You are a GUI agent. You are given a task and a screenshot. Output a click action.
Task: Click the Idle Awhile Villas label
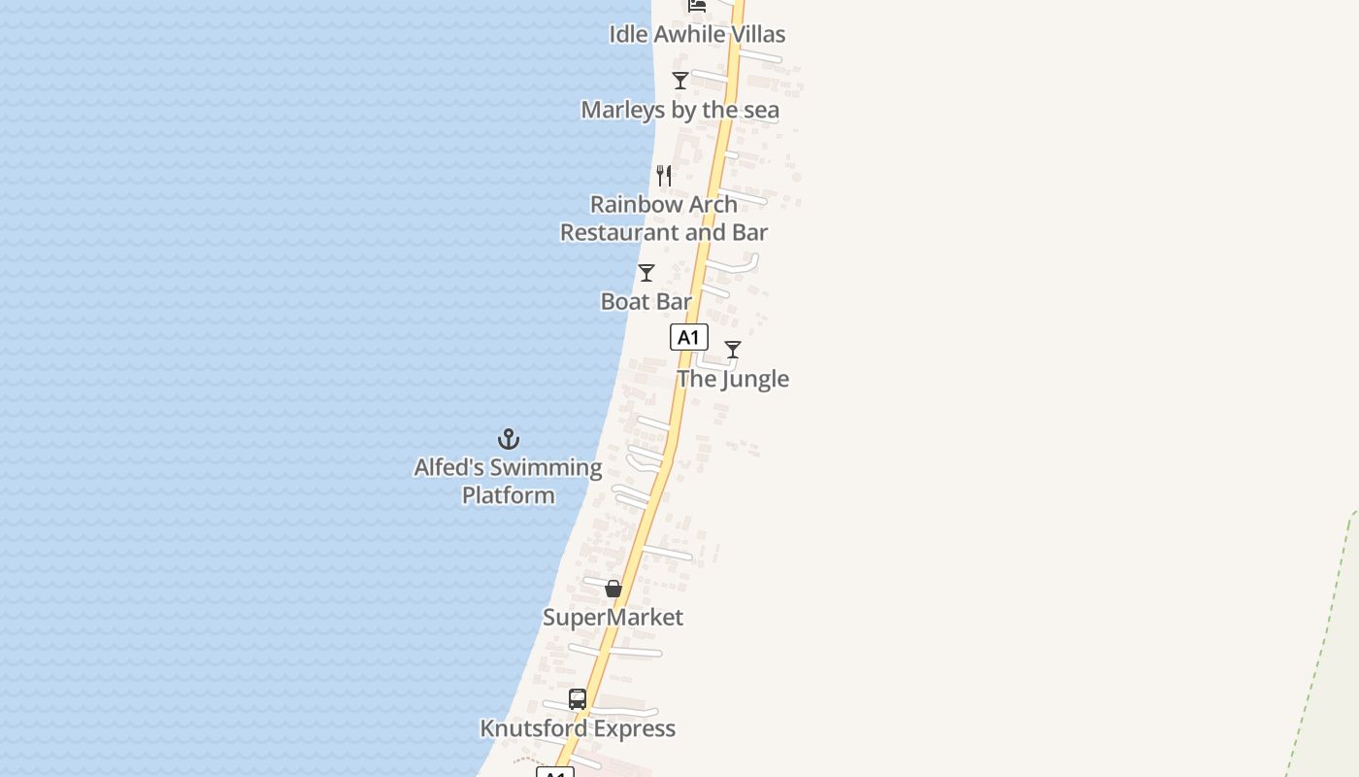coord(697,34)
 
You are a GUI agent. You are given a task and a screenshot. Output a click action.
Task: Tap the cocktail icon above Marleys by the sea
coord(680,81)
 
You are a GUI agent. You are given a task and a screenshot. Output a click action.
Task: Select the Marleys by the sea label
coord(679,110)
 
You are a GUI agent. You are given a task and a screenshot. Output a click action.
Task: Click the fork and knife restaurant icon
coord(664,176)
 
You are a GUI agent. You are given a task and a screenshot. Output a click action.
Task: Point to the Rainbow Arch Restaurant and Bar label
coord(664,219)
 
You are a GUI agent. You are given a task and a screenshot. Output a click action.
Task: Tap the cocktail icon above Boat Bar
coord(646,273)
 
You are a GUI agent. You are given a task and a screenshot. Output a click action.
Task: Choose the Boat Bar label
coord(646,301)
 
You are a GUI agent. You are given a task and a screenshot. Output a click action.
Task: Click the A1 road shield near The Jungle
coord(688,337)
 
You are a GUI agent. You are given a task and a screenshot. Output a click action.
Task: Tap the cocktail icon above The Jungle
coord(733,350)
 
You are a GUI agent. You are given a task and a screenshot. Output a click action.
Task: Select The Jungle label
coord(733,379)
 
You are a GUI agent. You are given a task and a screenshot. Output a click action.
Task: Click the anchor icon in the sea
coord(509,439)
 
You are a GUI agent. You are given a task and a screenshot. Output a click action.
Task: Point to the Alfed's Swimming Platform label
coord(509,481)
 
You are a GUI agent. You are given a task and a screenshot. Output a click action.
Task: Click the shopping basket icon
coord(613,589)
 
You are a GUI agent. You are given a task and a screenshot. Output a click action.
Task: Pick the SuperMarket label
coord(613,618)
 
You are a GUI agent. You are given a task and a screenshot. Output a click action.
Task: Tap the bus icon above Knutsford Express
coord(578,699)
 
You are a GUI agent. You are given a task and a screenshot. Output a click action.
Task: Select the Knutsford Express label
coord(578,728)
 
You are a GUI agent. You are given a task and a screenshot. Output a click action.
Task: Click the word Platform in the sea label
coord(509,495)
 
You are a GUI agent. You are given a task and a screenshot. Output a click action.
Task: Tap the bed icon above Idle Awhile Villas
coord(697,5)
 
